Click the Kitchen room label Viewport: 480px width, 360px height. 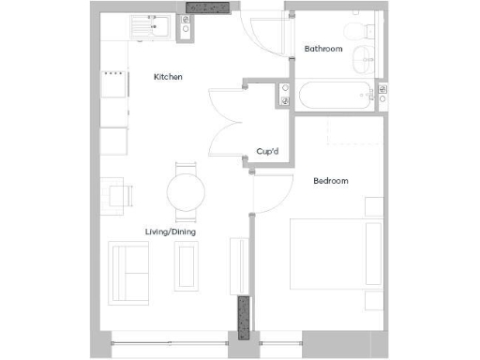click(168, 77)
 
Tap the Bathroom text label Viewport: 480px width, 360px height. click(323, 49)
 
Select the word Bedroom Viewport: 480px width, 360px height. click(330, 181)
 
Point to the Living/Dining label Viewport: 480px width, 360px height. click(170, 232)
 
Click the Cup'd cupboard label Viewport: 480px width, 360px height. click(271, 151)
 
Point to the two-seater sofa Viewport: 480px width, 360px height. click(128, 267)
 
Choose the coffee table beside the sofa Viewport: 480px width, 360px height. click(187, 266)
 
